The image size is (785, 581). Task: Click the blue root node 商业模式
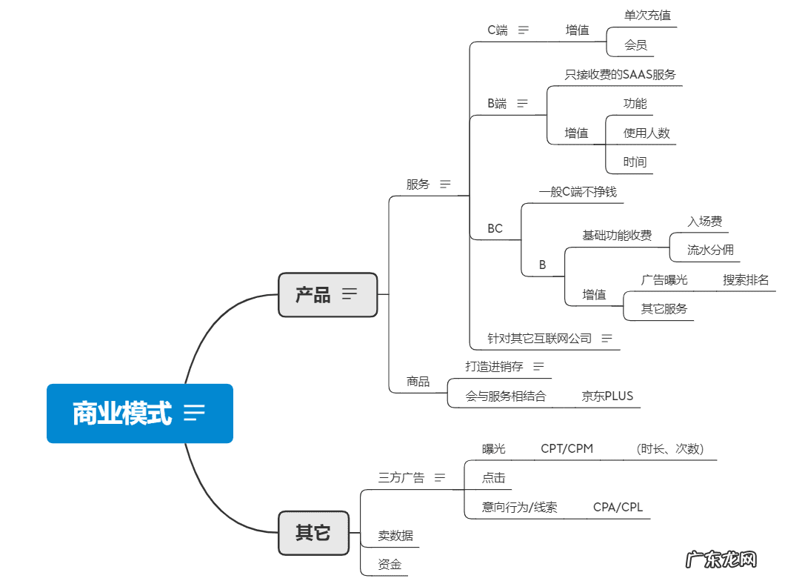(139, 413)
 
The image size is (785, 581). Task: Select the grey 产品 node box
(327, 294)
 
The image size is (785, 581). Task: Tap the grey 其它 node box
(313, 532)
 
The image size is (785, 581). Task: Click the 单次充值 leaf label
(648, 15)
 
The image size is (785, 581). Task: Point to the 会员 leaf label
(635, 45)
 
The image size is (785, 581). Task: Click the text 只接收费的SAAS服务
(620, 74)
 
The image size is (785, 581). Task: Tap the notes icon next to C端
(524, 30)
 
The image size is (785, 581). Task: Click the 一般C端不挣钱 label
(577, 192)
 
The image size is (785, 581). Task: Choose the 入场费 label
(704, 221)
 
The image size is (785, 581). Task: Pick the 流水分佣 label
(709, 250)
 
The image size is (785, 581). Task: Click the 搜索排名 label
(745, 279)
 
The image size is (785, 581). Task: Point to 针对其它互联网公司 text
(539, 338)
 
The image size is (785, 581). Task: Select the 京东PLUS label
(607, 396)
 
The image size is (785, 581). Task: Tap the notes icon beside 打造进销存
(538, 366)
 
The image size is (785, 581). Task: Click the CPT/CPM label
(567, 448)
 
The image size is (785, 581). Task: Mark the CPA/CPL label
(618, 507)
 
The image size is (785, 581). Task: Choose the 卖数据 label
(395, 535)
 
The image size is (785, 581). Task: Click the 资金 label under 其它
(390, 565)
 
